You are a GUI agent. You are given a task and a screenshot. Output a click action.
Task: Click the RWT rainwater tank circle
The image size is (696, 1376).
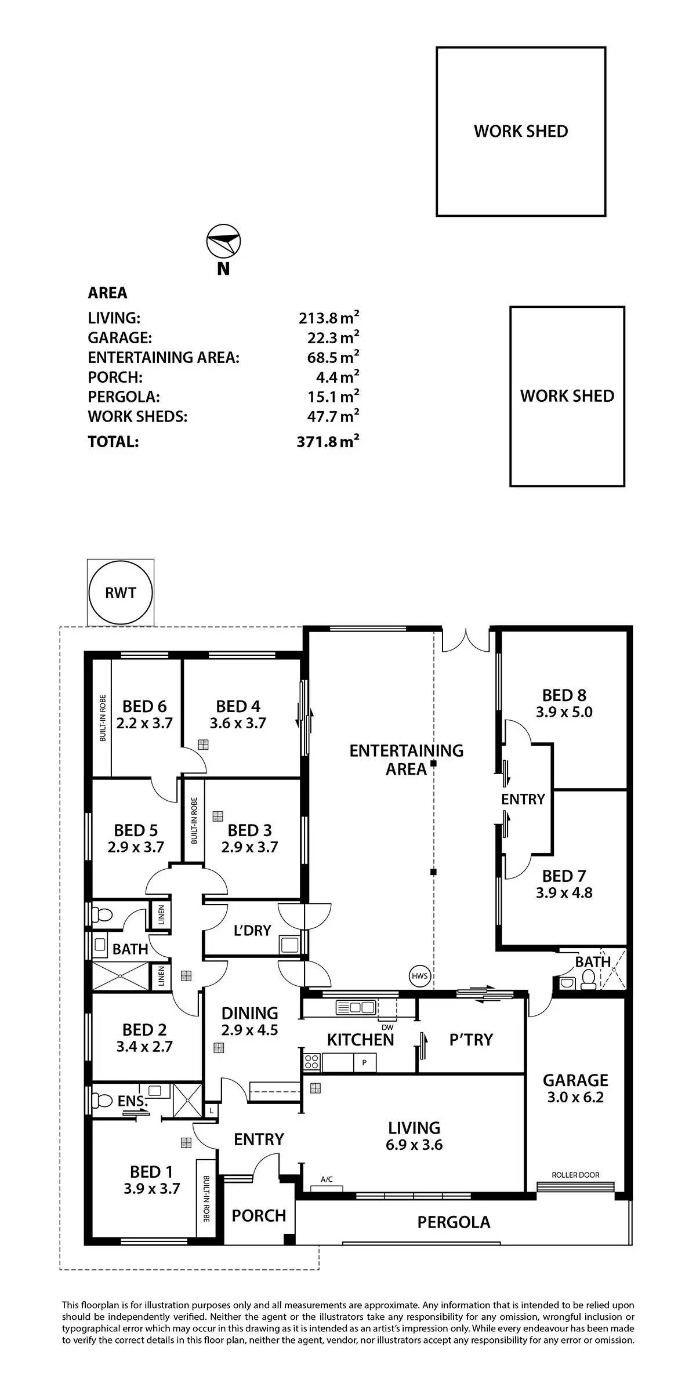pyautogui.click(x=121, y=593)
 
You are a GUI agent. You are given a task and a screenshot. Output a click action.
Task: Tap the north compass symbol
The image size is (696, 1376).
pyautogui.click(x=223, y=241)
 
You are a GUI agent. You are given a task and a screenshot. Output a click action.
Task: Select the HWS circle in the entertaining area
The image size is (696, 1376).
pyautogui.click(x=419, y=976)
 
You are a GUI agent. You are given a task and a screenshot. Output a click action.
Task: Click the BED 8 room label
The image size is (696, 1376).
pyautogui.click(x=564, y=695)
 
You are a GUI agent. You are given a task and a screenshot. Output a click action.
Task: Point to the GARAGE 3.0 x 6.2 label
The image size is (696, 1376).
pyautogui.click(x=575, y=1088)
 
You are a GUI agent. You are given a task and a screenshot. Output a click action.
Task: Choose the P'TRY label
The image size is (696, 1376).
pyautogui.click(x=471, y=1040)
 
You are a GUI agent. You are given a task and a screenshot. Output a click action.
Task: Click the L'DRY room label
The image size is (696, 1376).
pyautogui.click(x=252, y=930)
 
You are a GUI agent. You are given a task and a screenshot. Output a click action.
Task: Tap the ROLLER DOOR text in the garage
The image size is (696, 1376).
pyautogui.click(x=575, y=1175)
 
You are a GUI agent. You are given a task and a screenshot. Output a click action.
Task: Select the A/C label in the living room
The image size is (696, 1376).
pyautogui.click(x=327, y=1179)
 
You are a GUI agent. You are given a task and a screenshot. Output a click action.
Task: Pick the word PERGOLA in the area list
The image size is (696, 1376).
pyautogui.click(x=124, y=397)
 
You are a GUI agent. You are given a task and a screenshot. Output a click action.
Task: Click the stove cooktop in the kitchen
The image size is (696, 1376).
pyautogui.click(x=311, y=1062)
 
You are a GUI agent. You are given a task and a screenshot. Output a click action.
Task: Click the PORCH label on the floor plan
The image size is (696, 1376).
pyautogui.click(x=259, y=1215)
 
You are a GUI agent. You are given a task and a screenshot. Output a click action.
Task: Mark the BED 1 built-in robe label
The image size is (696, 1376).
pyautogui.click(x=205, y=1199)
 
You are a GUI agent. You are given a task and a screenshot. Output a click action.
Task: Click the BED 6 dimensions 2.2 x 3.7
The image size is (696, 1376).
pyautogui.click(x=144, y=723)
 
